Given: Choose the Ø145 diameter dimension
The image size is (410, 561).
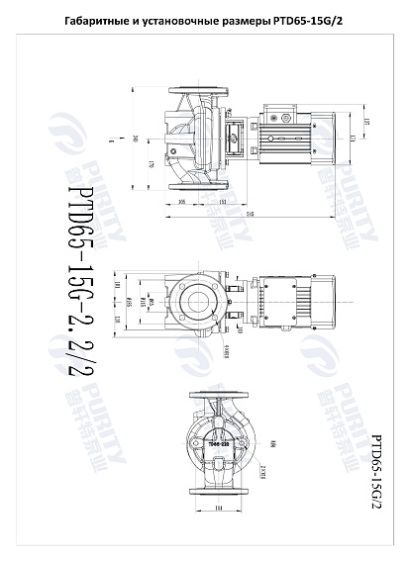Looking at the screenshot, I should point(150,300).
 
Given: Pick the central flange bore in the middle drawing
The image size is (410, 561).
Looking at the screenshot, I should point(194,300).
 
